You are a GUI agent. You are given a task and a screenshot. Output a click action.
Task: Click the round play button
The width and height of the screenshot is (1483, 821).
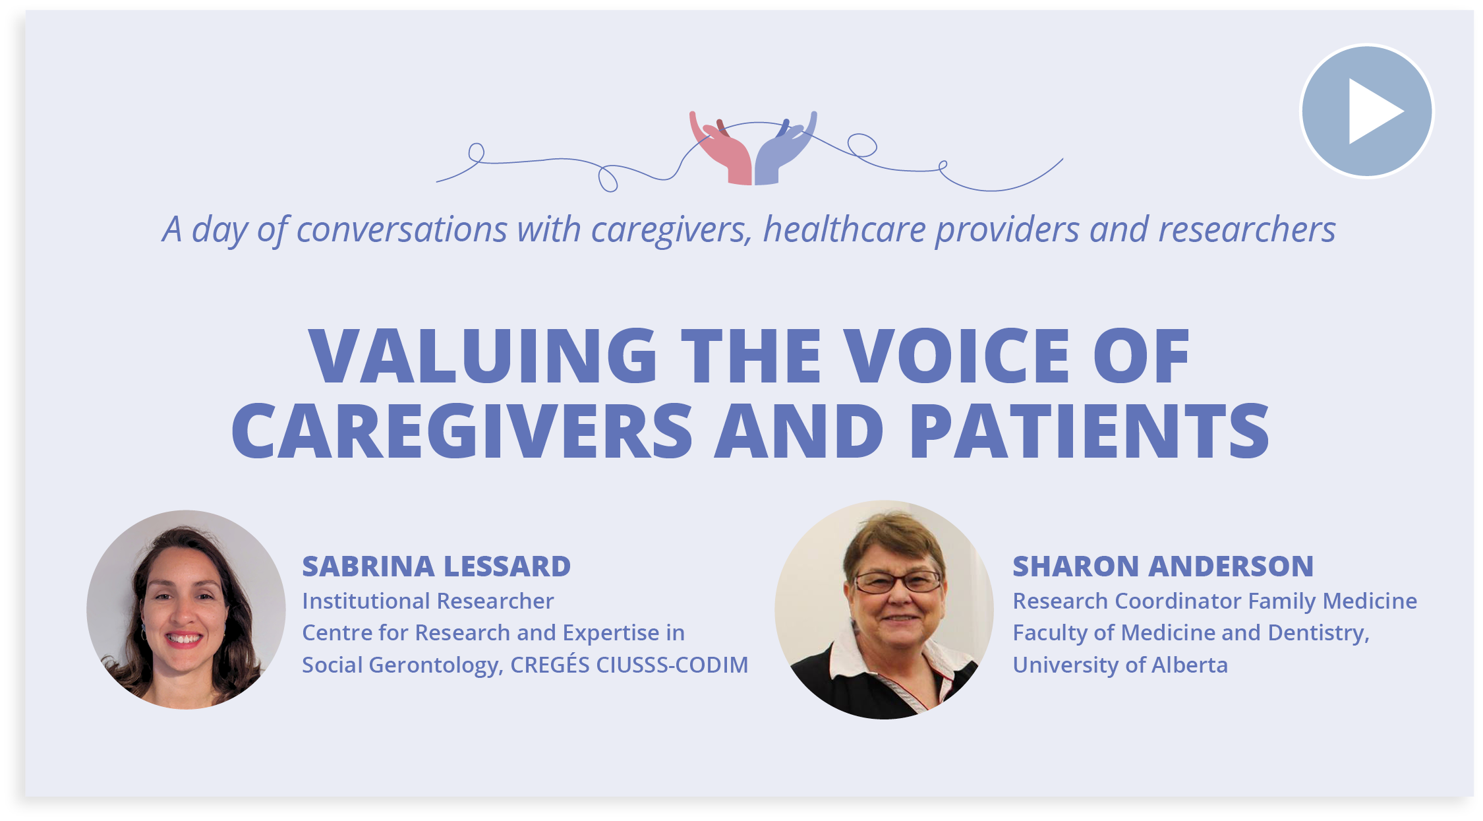[1366, 111]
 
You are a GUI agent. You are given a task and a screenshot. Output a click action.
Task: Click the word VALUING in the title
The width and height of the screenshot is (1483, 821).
[482, 356]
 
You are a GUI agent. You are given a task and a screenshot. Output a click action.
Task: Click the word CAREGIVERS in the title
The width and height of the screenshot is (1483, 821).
[461, 431]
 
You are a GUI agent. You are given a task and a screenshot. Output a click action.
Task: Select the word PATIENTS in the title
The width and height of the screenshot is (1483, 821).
[1089, 431]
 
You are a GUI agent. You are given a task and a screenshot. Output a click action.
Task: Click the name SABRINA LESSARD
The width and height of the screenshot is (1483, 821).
[436, 566]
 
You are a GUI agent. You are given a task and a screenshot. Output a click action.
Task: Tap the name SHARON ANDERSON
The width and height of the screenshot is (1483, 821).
[1163, 566]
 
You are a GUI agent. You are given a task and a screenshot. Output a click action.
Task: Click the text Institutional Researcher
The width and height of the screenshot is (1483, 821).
[428, 601]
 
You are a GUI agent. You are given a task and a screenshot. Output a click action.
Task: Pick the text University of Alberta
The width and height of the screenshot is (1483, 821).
[1120, 665]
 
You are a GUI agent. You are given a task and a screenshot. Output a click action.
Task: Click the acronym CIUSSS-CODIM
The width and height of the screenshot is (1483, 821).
[672, 665]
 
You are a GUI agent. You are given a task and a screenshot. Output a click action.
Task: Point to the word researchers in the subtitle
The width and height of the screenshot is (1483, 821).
[1246, 229]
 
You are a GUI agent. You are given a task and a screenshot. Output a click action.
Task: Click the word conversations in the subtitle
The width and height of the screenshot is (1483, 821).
[402, 229]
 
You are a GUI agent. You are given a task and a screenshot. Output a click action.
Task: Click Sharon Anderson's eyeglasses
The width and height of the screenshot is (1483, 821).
[898, 582]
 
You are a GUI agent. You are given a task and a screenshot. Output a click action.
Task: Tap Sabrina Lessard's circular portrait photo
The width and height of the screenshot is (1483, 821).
[186, 609]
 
